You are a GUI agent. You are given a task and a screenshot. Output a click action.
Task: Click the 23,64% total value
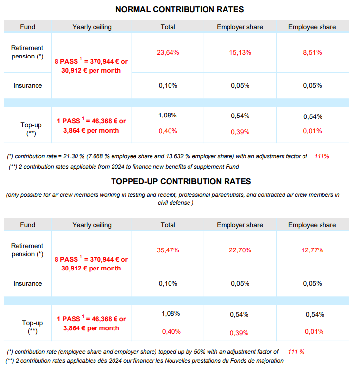(x=168, y=52)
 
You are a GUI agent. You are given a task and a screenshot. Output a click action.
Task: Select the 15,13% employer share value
(x=240, y=52)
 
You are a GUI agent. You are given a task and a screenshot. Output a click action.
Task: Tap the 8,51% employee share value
(x=312, y=52)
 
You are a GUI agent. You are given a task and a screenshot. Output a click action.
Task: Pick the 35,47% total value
(x=168, y=250)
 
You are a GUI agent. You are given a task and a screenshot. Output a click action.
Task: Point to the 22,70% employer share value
(x=240, y=250)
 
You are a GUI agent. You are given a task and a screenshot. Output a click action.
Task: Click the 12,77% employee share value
(x=312, y=250)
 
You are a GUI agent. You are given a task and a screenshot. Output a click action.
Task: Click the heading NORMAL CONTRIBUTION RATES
(x=180, y=9)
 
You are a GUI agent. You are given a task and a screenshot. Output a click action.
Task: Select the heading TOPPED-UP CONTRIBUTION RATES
(x=181, y=181)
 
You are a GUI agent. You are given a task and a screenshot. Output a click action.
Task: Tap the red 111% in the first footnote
(x=322, y=156)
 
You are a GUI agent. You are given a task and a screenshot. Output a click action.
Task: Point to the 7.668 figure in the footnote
(x=95, y=156)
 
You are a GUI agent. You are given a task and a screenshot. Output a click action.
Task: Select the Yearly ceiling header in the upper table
(x=92, y=27)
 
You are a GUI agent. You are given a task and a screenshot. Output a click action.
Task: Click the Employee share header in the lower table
(x=312, y=225)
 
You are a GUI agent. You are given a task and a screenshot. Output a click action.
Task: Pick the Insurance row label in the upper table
(x=28, y=85)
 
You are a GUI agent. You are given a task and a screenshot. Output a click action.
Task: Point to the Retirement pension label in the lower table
(x=27, y=250)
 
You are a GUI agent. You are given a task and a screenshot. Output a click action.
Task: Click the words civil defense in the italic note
(x=174, y=203)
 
